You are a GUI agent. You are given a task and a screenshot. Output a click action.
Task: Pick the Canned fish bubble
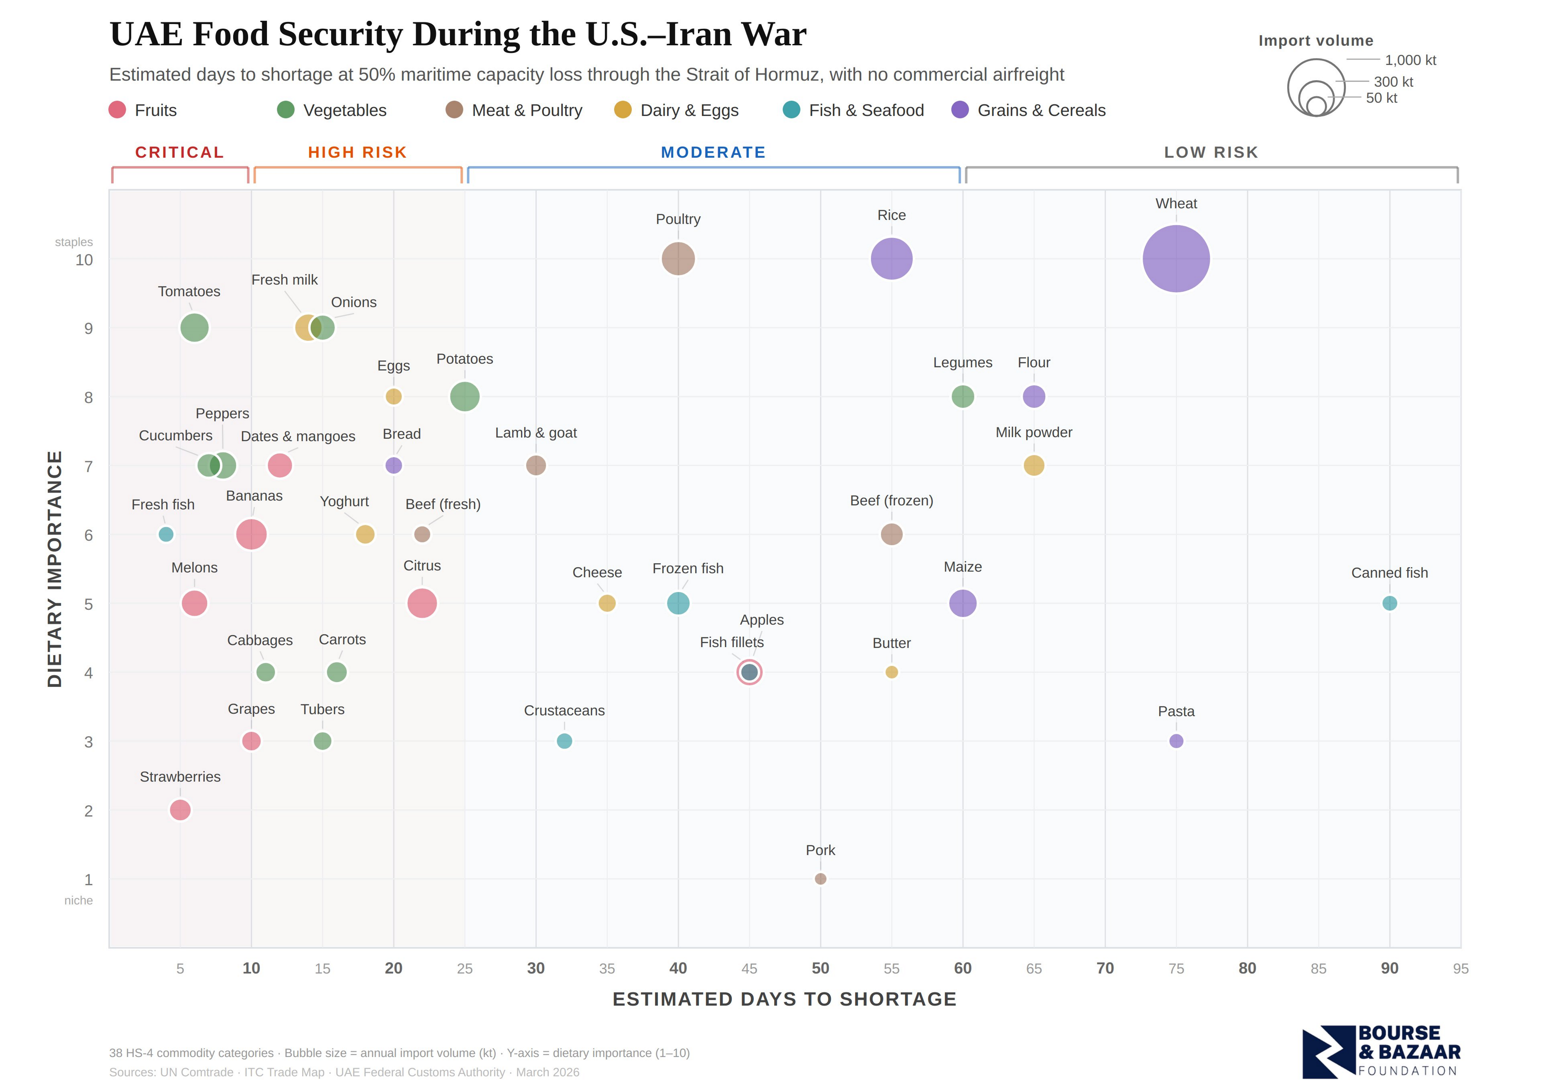tap(1389, 603)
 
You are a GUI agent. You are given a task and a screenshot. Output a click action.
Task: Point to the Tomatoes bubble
tap(194, 328)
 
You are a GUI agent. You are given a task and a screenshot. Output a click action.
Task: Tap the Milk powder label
tap(1034, 432)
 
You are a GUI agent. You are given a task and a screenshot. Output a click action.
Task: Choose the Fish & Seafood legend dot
tap(792, 110)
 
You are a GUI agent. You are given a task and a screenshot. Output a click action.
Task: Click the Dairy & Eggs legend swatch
tap(623, 110)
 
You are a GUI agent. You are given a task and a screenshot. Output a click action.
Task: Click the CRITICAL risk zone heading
tap(179, 153)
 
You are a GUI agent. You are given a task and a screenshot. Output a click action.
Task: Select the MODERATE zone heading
tap(713, 153)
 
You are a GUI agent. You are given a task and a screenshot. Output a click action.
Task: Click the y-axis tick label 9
tap(88, 329)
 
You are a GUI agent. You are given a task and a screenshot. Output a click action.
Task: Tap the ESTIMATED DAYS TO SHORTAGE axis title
tap(784, 999)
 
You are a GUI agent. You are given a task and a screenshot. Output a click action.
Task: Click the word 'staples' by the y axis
tap(74, 242)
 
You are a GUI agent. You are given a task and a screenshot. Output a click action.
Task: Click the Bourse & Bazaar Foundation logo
tap(1381, 1051)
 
